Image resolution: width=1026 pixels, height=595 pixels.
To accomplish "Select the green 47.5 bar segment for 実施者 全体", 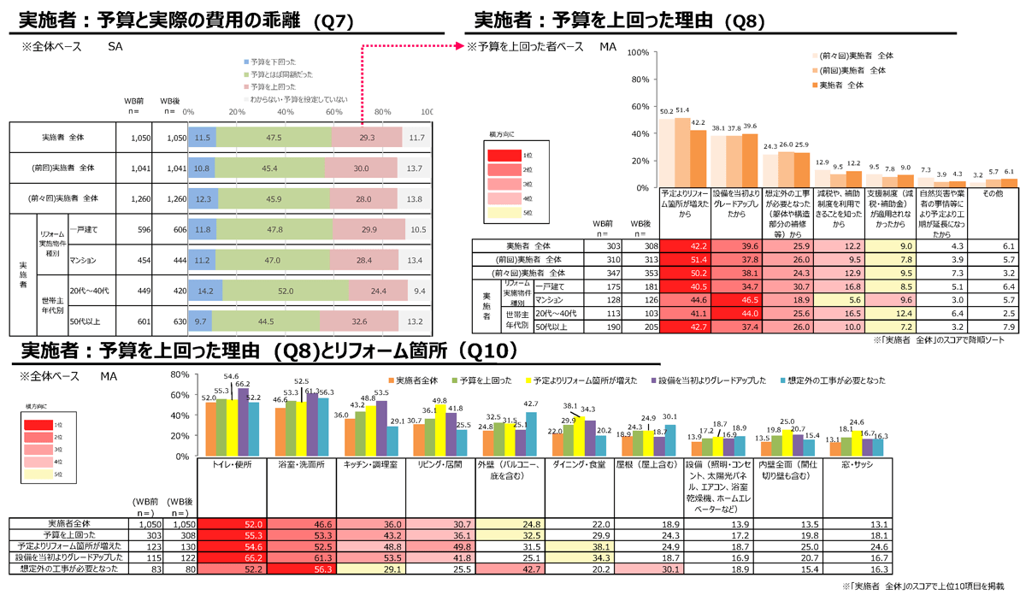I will point(273,137).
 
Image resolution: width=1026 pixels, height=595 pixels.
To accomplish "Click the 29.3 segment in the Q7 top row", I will point(368,137).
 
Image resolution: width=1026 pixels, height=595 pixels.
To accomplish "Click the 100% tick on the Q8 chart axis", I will point(637,52).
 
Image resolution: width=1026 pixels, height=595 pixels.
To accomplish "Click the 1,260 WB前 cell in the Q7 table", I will point(136,201).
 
